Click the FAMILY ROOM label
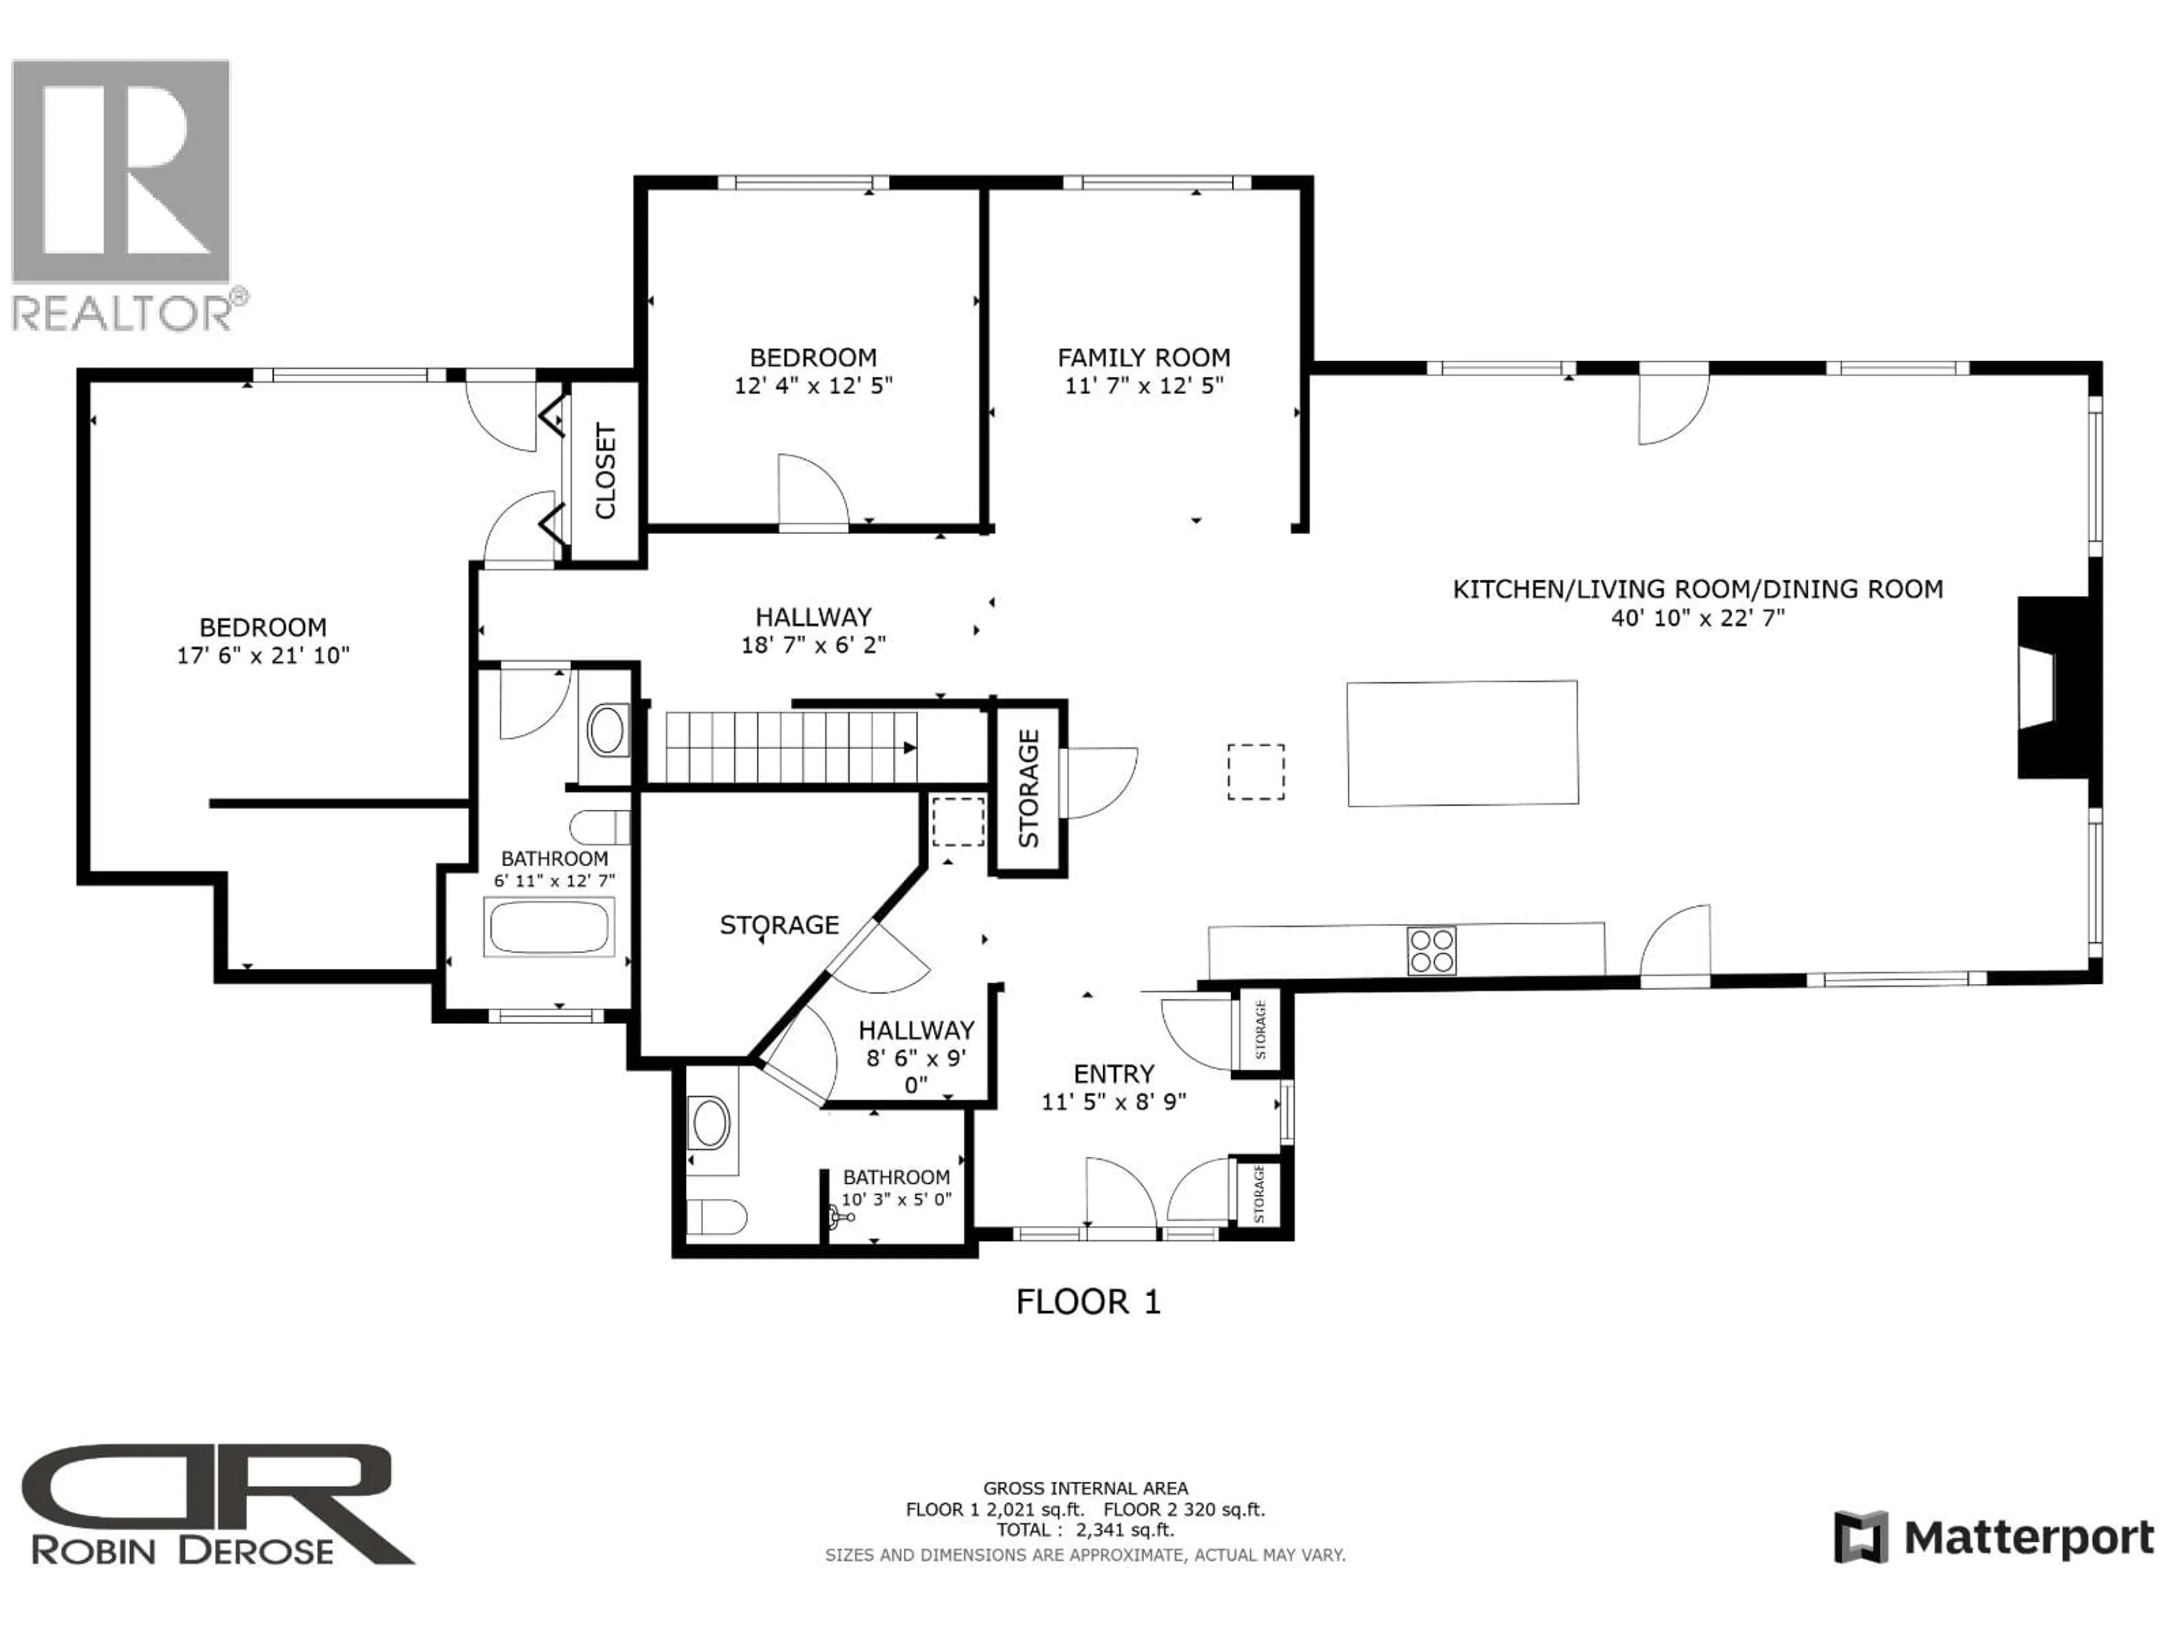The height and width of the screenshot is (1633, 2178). click(1143, 357)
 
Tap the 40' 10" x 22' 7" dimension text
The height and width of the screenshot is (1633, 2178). click(1698, 618)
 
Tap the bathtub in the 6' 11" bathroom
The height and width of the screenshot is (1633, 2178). click(548, 927)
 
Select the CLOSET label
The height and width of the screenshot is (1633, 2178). click(605, 472)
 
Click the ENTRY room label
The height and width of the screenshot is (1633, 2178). click(1113, 1074)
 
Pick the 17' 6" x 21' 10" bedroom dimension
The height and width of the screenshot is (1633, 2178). click(263, 655)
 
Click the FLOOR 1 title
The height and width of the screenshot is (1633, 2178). click(1088, 1302)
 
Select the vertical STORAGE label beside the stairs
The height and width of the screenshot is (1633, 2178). click(1028, 788)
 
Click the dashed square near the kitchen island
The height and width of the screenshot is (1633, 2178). click(1255, 772)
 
